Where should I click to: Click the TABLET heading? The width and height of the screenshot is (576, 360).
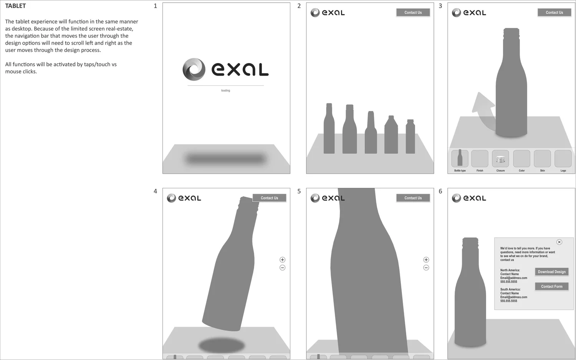[15, 6]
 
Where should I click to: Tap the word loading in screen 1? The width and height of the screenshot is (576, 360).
[225, 91]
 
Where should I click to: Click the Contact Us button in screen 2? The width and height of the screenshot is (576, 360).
[413, 13]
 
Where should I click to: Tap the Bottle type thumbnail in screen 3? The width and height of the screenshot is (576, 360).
[460, 158]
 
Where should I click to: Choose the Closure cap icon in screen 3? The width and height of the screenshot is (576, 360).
[500, 159]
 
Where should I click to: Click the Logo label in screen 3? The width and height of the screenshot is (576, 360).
[563, 171]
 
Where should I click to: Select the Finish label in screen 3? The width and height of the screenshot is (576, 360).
[480, 171]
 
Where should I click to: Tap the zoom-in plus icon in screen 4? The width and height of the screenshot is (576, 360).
[282, 260]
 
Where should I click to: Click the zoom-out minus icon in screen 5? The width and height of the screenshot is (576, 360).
[426, 268]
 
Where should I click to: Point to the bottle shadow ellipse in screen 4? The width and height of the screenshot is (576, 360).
[222, 345]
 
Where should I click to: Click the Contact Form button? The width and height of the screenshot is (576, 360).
[551, 287]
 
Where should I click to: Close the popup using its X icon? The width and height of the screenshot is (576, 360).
[559, 242]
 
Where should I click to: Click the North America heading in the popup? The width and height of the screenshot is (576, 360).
[510, 270]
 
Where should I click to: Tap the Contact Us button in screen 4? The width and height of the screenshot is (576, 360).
[269, 198]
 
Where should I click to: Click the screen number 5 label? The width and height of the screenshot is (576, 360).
[299, 191]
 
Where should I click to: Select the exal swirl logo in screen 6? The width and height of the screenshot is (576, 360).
[456, 198]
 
